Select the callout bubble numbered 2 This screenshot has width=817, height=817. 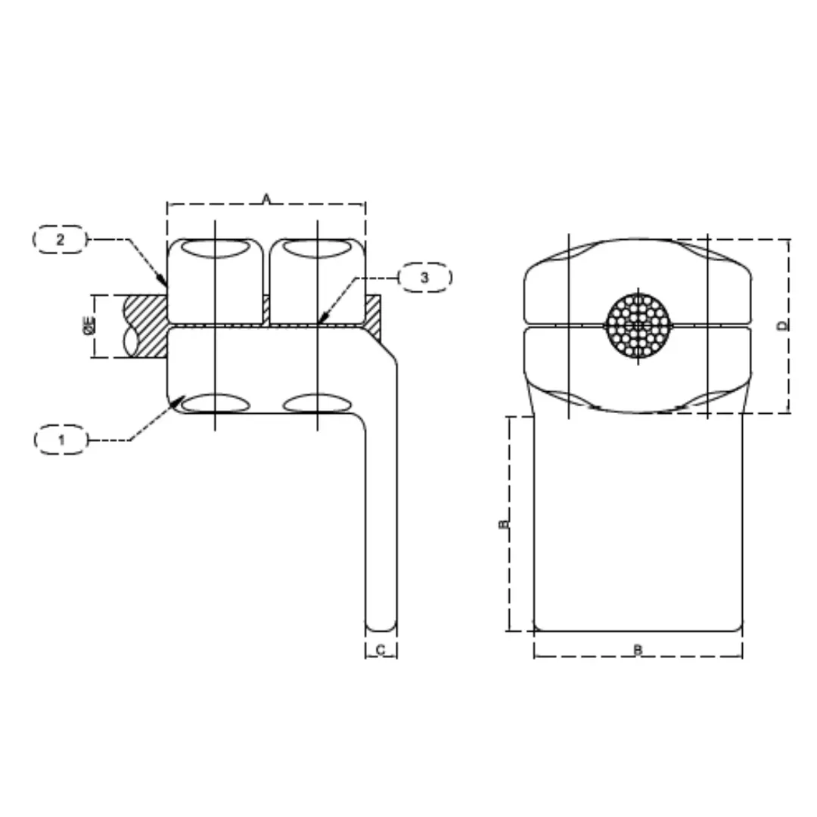[61, 240]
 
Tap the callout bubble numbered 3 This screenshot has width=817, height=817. [424, 278]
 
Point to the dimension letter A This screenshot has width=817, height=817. [266, 198]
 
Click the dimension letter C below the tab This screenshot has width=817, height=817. [381, 650]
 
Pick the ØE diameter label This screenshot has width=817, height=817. [89, 326]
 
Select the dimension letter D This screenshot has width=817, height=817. [783, 325]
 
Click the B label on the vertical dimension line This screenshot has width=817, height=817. [503, 523]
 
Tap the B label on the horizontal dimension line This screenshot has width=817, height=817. [638, 650]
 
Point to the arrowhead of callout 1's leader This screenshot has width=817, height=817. [176, 399]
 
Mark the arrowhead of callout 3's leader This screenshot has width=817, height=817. [322, 321]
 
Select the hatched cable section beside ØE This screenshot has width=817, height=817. [145, 326]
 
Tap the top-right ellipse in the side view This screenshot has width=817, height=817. [317, 247]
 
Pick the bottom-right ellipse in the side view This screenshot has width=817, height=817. [317, 403]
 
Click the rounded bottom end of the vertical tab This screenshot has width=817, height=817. [381, 625]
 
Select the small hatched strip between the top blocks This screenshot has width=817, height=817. [266, 309]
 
